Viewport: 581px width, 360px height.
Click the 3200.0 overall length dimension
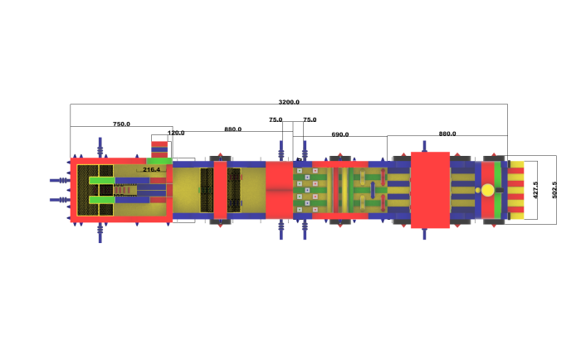point(289,102)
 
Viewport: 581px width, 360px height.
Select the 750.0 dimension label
point(121,124)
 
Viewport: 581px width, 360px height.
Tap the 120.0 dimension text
point(176,133)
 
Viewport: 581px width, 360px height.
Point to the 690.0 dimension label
point(340,134)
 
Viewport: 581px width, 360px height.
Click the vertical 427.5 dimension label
point(535,190)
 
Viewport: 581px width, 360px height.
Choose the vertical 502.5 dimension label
point(554,190)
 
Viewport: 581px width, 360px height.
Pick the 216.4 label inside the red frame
point(152,169)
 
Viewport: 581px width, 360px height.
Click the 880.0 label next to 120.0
point(232,129)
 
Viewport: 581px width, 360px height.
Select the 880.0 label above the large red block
point(447,134)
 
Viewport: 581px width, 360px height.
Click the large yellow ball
point(488,191)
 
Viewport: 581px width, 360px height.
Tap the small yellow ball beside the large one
point(478,191)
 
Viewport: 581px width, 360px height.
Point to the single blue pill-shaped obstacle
point(373,190)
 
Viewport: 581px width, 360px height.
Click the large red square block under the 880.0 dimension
point(430,190)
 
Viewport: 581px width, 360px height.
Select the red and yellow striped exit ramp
point(515,190)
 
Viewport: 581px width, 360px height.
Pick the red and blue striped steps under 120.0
point(159,149)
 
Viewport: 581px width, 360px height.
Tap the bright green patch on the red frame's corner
point(159,161)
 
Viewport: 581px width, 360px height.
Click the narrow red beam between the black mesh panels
point(221,190)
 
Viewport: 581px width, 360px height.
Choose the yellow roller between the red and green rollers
point(344,190)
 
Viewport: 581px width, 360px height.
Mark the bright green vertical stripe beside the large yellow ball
point(498,190)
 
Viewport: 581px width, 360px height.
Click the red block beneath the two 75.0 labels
point(280,190)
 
